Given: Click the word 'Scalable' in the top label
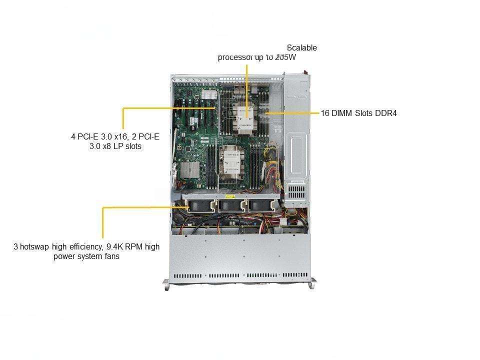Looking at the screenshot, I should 302,48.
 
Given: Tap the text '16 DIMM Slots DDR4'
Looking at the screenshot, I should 358,113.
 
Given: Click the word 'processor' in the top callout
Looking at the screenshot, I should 233,57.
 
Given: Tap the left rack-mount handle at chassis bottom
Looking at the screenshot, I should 166,284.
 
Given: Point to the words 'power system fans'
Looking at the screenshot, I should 86,257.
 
